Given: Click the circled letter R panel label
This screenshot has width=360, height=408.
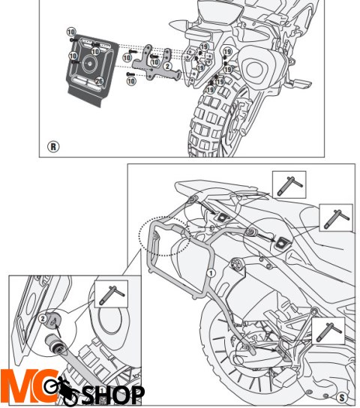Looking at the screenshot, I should (x=53, y=146).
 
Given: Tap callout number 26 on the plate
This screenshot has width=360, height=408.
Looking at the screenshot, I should (x=100, y=80).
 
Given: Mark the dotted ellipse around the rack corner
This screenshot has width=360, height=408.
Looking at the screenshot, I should (x=164, y=236).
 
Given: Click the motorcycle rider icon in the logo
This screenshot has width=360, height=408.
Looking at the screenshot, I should (x=61, y=389).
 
